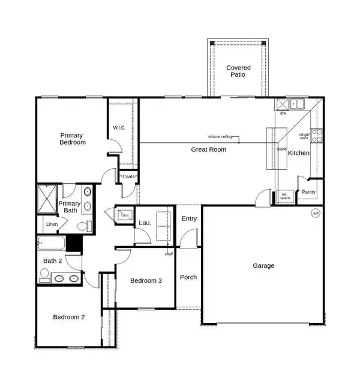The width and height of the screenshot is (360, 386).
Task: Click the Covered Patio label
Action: coord(238,72)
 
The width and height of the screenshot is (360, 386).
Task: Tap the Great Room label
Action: coord(209,149)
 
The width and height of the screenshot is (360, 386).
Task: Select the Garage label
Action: coord(263,265)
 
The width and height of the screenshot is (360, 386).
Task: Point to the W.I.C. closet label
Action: coord(119,127)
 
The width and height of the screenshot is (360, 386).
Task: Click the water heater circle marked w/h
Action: coord(316,213)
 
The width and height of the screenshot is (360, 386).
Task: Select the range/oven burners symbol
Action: coord(316,136)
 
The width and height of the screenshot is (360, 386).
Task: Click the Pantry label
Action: coord(309,192)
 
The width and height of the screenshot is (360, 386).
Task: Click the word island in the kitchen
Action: coord(282,149)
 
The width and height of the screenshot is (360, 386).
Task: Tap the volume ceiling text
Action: coord(220,137)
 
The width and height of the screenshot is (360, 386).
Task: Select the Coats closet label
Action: coord(128,177)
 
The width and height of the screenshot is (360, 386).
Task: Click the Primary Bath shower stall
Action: coord(47,199)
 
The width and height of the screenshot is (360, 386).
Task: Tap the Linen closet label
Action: coord(52,225)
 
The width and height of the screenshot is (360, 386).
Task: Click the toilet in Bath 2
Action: coord(43,275)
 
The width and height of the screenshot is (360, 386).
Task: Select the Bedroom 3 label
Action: coord(146,281)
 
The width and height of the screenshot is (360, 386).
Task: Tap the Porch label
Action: coord(188,277)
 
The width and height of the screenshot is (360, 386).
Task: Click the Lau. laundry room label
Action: coord(144,223)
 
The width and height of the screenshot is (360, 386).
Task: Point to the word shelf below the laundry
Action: coord(169,253)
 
